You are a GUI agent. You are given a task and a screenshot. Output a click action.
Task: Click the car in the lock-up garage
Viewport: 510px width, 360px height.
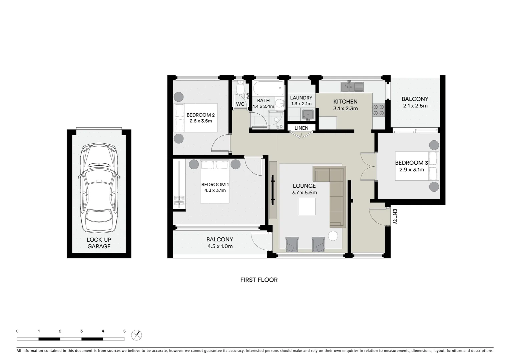click(x=99, y=188)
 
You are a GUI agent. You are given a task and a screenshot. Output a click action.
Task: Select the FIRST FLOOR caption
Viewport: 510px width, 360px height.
click(x=259, y=280)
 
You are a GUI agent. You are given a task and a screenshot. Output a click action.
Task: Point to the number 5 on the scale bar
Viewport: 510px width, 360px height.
click(x=124, y=331)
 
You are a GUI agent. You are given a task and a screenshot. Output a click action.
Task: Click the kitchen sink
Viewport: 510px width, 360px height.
click(x=352, y=87)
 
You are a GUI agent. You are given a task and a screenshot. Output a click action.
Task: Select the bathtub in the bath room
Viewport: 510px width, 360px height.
click(x=269, y=88)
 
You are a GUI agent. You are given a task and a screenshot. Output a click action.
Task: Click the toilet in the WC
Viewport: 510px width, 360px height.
click(x=240, y=88)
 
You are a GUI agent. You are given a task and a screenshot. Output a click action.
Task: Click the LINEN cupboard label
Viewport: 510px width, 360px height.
click(x=301, y=128)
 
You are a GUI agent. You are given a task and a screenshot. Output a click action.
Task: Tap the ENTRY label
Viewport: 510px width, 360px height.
click(x=395, y=216)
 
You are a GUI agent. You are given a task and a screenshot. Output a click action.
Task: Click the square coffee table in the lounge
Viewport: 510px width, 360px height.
click(x=307, y=206)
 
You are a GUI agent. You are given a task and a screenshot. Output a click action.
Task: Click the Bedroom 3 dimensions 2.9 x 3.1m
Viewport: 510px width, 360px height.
click(x=412, y=169)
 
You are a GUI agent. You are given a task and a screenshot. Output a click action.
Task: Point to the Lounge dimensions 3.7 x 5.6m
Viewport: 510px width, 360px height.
click(x=304, y=192)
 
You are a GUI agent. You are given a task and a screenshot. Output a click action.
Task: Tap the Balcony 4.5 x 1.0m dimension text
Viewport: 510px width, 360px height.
click(x=219, y=246)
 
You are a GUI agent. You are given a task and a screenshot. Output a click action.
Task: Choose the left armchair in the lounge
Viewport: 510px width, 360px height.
click(x=292, y=244)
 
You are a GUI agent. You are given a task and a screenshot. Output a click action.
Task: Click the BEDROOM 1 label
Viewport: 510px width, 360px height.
click(x=215, y=184)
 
